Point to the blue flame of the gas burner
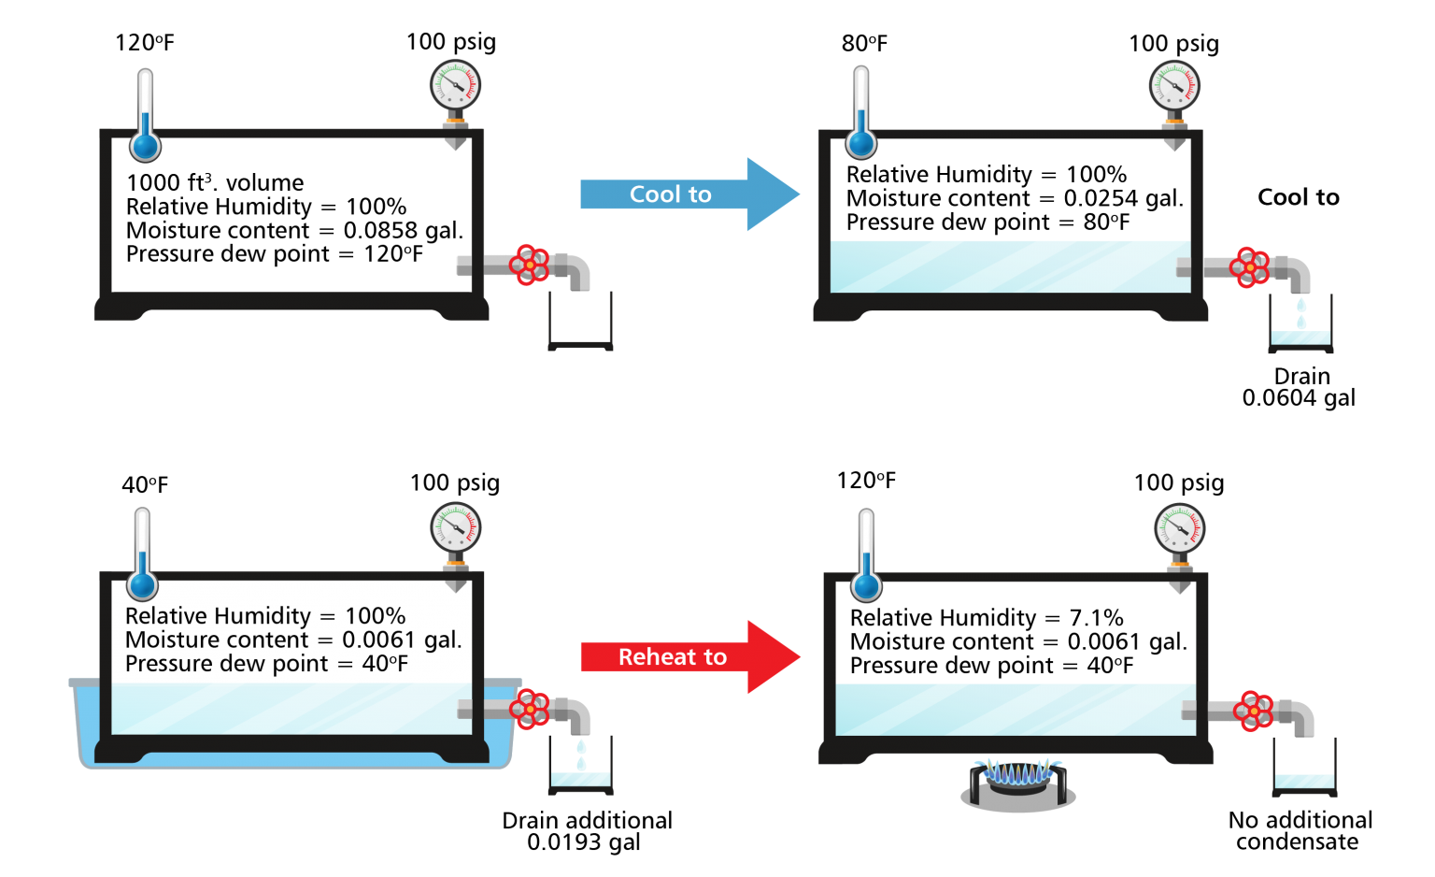[1018, 772]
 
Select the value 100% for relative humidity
[376, 616]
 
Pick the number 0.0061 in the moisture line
[378, 640]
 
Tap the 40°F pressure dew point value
[385, 664]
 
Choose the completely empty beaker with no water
[580, 323]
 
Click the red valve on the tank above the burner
[1253, 712]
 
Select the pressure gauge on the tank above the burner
[1180, 528]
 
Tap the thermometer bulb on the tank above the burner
[866, 586]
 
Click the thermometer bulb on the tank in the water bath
[142, 585]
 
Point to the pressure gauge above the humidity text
[456, 528]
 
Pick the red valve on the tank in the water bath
[530, 710]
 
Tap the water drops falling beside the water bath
[581, 755]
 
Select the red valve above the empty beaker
[530, 265]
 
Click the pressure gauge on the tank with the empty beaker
[455, 86]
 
